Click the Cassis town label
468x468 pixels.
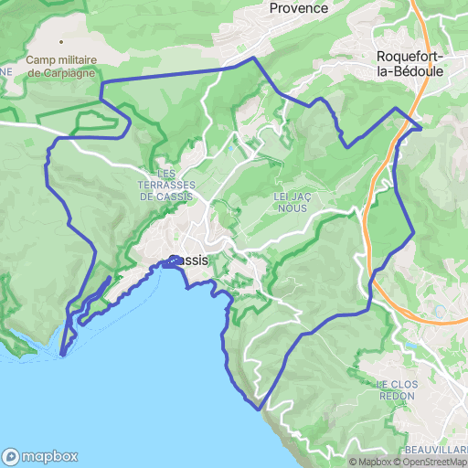point(189,261)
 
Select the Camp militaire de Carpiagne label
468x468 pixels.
point(61,67)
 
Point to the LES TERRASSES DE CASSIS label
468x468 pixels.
point(166,184)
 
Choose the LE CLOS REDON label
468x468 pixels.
point(396,389)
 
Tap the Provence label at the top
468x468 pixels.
point(299,8)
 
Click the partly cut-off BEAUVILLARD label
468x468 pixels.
point(437,451)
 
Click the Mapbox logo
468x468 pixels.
point(40,456)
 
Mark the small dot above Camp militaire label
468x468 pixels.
point(61,42)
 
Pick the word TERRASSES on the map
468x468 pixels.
point(166,184)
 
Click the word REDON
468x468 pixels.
point(396,396)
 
